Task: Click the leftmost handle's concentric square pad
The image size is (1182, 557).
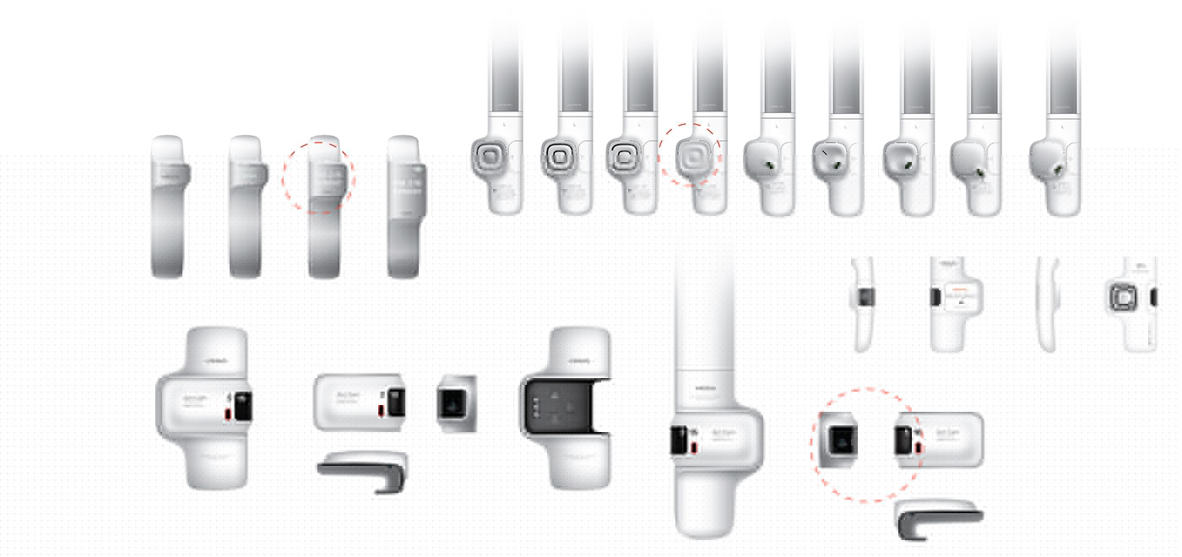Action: point(489,157)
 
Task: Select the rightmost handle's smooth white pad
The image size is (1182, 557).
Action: point(1046,157)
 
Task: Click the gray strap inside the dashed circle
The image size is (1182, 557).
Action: point(324,207)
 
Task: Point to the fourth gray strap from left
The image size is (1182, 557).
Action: point(404,207)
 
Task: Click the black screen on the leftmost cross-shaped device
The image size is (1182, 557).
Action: point(241,406)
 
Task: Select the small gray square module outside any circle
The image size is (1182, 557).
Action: point(456,404)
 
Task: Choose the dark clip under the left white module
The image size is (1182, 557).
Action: point(363,471)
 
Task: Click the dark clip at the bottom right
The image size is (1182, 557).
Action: point(937,519)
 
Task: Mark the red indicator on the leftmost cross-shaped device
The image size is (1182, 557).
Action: point(228,414)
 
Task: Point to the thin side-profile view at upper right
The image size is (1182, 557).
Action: point(1048,304)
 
